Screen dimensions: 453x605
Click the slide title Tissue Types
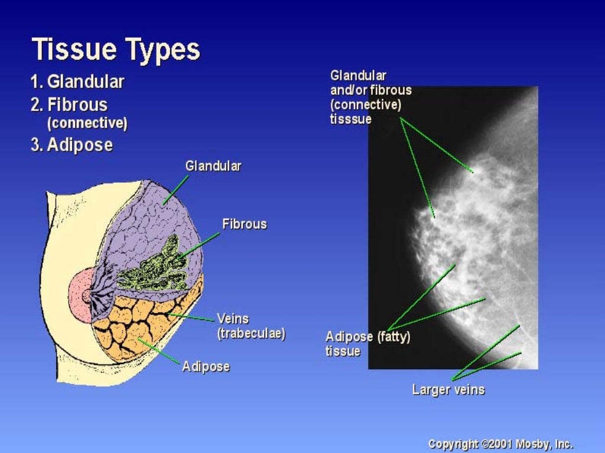point(116,49)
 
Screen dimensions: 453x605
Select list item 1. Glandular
point(77,81)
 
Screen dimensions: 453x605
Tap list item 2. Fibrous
point(69,105)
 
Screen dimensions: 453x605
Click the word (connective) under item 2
point(87,124)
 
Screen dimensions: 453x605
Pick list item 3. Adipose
point(71,145)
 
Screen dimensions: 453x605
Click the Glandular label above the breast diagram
point(213,166)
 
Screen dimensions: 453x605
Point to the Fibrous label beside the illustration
point(244,224)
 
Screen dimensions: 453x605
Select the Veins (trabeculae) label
point(251,326)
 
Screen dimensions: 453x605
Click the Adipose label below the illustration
point(206,366)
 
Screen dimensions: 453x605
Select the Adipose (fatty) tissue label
point(367,343)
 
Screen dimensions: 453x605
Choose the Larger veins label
point(448,389)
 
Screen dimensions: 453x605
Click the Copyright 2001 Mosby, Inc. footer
point(500,444)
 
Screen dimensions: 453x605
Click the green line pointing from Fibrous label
point(201,245)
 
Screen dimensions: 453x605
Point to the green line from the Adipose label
point(160,352)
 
